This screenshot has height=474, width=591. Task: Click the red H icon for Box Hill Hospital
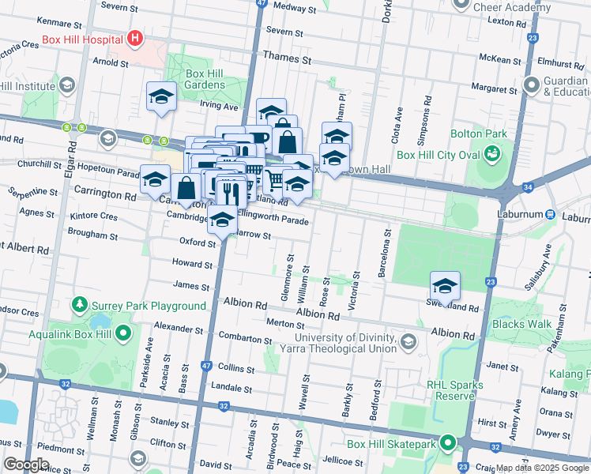136,38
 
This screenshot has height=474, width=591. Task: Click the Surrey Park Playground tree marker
79,304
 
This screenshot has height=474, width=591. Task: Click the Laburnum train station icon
550,214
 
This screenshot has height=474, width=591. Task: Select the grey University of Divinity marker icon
408,341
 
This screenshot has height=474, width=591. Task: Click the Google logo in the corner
26,464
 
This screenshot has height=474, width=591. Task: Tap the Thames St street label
288,59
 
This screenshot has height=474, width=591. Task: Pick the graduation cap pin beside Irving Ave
161,97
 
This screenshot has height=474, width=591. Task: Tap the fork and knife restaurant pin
229,191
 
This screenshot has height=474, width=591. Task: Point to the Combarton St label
246,338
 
